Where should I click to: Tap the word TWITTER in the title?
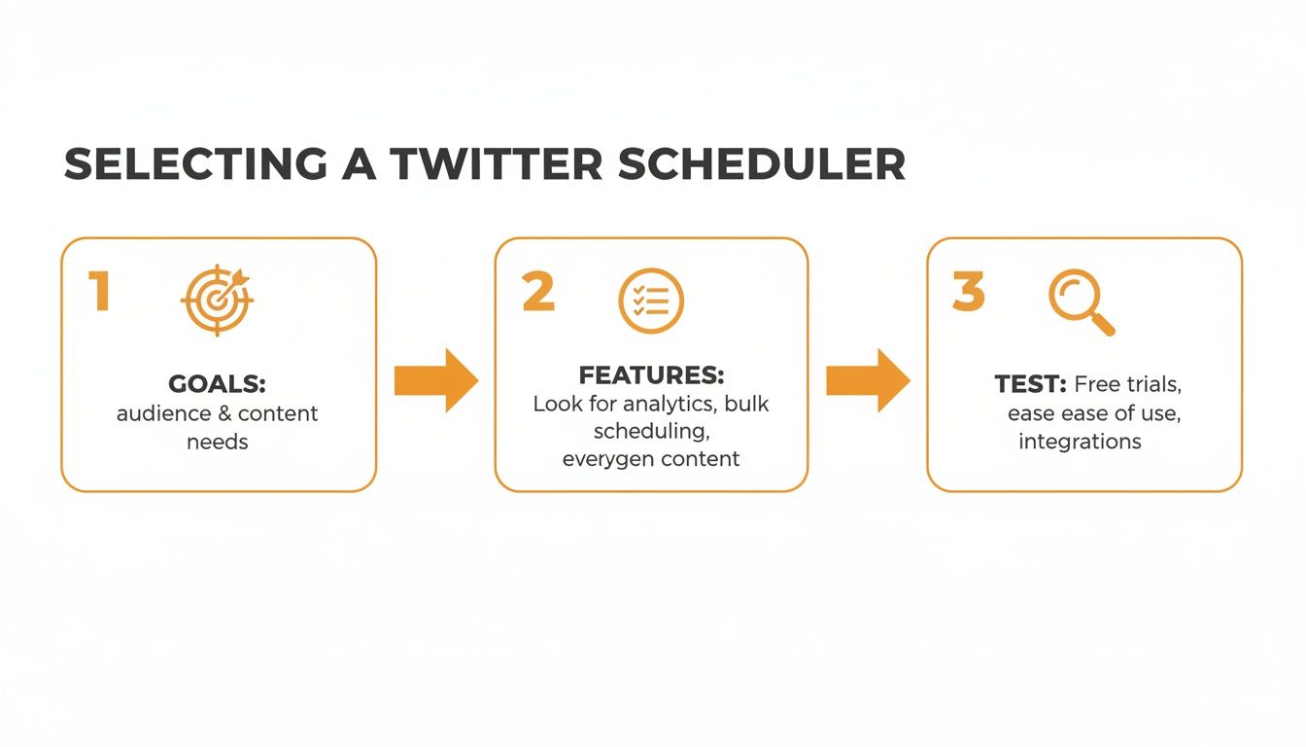[x=497, y=164]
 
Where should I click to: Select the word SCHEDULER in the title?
[x=761, y=164]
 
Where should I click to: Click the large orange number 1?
[x=98, y=292]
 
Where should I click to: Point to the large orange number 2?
[x=538, y=292]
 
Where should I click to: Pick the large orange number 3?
[x=968, y=292]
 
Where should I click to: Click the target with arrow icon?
[x=217, y=301]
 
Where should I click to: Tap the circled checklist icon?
[x=651, y=301]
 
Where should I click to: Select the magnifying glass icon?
[x=1081, y=302]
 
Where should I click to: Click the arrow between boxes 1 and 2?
[x=435, y=380]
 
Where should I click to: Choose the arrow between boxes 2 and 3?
[x=868, y=380]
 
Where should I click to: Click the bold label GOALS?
[x=217, y=383]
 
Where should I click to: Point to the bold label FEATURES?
[x=651, y=375]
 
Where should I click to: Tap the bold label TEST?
[x=1031, y=384]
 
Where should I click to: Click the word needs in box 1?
[x=217, y=442]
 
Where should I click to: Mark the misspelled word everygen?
[x=602, y=458]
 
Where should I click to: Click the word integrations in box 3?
[x=1080, y=442]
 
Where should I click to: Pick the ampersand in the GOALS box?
[x=223, y=413]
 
